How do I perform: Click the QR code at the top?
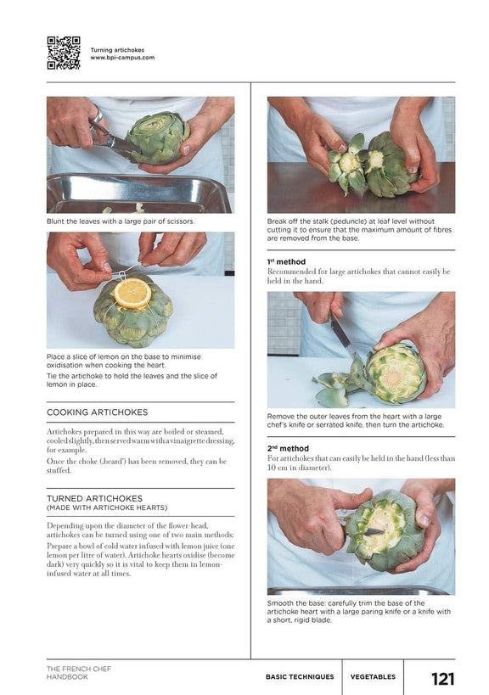click(x=63, y=53)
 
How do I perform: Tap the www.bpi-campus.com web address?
click(x=122, y=58)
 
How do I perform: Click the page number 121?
click(x=442, y=678)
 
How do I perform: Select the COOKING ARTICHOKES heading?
click(x=97, y=412)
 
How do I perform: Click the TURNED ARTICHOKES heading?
click(x=94, y=498)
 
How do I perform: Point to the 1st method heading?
click(x=286, y=262)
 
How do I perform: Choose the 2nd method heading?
click(x=287, y=448)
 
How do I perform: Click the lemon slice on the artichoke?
click(x=132, y=293)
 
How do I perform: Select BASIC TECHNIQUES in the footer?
click(x=300, y=677)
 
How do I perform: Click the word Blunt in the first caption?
click(x=57, y=221)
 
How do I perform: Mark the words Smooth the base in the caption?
click(x=299, y=603)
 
